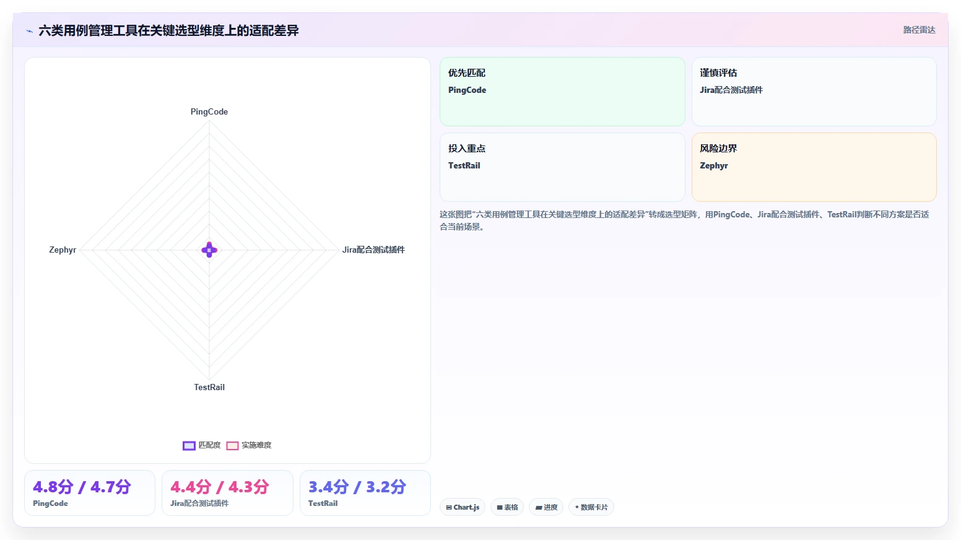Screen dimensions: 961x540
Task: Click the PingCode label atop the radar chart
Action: (209, 111)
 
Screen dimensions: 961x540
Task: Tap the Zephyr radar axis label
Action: (63, 250)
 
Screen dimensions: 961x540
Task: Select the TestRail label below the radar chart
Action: (209, 387)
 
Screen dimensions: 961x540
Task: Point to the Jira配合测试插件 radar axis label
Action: (373, 250)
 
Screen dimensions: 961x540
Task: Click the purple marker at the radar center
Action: (209, 250)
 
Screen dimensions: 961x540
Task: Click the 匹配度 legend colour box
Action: (189, 446)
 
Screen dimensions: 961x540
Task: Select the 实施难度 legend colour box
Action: (232, 446)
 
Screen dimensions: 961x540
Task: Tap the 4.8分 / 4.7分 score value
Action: (82, 487)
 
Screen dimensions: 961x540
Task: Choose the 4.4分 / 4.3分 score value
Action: (220, 487)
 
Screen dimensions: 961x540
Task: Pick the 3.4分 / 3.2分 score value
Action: (357, 487)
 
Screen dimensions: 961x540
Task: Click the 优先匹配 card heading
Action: (467, 73)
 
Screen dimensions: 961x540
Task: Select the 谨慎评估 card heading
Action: (718, 73)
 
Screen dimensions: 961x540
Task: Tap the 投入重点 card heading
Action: (467, 149)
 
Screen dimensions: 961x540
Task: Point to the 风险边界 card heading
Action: (718, 149)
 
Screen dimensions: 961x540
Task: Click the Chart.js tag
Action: (463, 507)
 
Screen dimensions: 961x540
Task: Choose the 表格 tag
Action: (507, 507)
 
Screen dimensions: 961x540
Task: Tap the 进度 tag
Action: (546, 507)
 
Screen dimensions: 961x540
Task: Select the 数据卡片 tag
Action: (591, 507)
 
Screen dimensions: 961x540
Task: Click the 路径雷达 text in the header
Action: (920, 30)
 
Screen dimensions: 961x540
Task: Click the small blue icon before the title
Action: (29, 31)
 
